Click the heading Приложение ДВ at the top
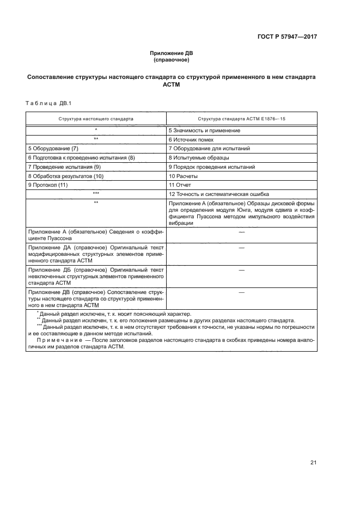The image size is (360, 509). [171, 53]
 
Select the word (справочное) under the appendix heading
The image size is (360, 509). [171, 60]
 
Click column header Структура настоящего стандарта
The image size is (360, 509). [96, 118]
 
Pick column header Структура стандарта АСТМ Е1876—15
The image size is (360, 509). [241, 118]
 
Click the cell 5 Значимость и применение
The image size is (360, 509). [204, 131]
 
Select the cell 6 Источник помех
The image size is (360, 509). [192, 140]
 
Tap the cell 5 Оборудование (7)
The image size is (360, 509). [53, 149]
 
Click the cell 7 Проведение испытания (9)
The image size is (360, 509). [64, 167]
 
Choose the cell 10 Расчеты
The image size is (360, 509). [183, 176]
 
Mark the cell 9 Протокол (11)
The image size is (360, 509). [47, 185]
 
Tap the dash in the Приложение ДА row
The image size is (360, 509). [241, 248]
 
